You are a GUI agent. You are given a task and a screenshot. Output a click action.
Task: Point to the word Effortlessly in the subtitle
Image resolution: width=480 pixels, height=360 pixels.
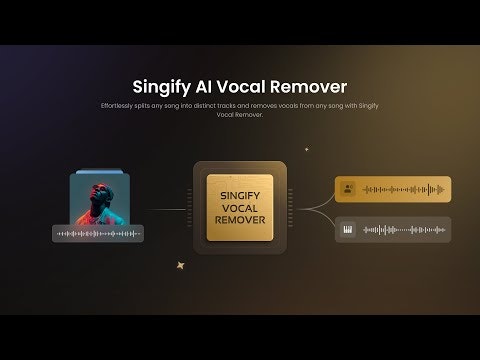click(121, 106)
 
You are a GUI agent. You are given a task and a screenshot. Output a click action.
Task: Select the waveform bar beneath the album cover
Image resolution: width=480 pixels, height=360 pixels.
click(98, 234)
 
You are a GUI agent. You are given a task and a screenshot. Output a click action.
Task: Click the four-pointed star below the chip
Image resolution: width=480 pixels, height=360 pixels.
click(181, 266)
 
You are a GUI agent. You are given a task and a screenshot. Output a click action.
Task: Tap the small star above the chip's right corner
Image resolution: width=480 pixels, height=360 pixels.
click(306, 150)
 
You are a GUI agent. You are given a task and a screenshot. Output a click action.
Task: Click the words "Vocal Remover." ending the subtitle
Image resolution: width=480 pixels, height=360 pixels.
click(240, 115)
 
